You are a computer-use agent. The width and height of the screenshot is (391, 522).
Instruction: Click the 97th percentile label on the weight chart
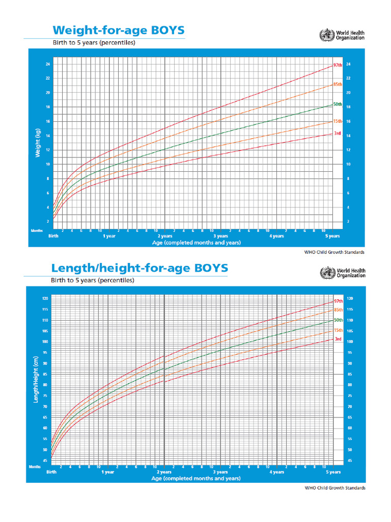pos(338,65)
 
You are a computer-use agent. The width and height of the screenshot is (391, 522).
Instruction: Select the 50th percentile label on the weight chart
pos(338,104)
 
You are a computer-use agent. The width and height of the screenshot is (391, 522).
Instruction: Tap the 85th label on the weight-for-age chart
pos(338,84)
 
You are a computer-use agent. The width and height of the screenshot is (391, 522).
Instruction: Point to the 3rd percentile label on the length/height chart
pos(338,339)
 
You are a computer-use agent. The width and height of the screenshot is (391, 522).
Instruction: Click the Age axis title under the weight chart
pos(196,243)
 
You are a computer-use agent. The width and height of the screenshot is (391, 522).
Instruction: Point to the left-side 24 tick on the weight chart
pos(47,64)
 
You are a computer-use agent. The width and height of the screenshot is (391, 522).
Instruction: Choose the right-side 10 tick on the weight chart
pos(348,164)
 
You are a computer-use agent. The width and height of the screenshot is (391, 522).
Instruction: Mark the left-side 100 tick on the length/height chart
pos(45,342)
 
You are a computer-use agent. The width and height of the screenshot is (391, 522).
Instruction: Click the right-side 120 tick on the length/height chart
pos(349,298)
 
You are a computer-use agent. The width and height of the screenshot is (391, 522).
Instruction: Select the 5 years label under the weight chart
pos(332,237)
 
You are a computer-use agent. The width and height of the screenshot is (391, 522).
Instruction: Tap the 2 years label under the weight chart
pos(165,237)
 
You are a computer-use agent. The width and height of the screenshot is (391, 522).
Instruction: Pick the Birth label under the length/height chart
pos(51,473)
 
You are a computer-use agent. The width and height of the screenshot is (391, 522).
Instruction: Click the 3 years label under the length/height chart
pos(220,473)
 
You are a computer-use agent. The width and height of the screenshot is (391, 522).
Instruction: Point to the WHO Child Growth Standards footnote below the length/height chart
pos(335,488)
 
